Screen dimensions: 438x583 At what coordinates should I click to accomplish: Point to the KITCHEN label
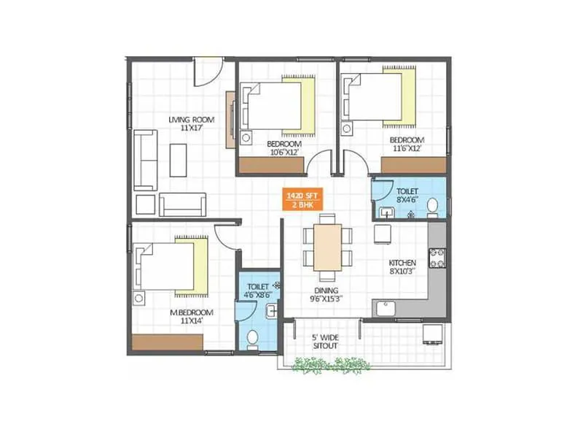click(402, 262)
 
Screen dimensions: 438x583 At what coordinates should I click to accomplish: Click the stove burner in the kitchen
click(437, 258)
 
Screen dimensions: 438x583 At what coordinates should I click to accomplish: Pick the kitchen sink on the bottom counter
click(385, 307)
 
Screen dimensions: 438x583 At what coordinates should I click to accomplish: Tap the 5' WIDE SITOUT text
click(324, 341)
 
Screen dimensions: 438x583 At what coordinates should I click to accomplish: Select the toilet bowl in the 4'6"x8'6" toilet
click(253, 338)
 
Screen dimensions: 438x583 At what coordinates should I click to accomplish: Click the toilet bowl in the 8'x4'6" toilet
click(432, 206)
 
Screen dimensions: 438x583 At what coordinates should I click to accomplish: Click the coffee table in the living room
click(178, 159)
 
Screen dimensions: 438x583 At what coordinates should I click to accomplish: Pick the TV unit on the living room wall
click(230, 117)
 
